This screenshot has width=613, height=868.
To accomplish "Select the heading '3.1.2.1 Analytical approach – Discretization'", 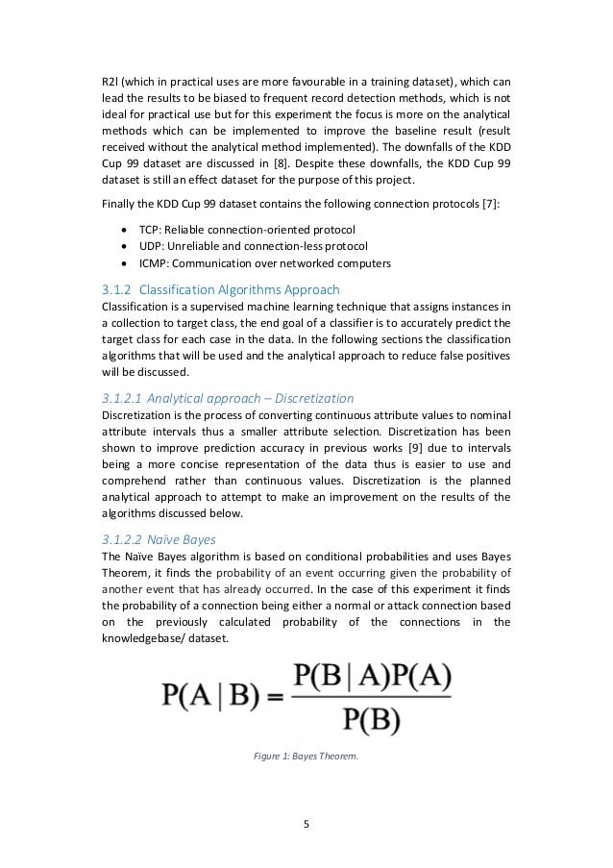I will tap(228, 398).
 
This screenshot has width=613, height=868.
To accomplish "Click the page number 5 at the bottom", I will tap(306, 824).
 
